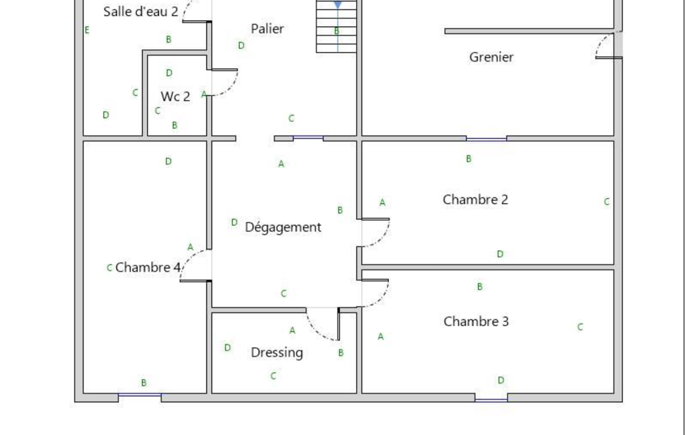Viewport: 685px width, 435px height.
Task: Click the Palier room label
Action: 267,29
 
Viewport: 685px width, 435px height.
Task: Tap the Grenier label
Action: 491,58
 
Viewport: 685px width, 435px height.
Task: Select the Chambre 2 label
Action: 475,200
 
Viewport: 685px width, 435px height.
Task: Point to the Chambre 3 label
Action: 476,322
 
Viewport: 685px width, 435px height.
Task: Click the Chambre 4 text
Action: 148,268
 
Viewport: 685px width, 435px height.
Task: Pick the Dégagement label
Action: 283,227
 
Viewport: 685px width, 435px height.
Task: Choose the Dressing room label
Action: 277,353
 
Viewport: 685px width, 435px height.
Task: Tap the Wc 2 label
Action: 176,97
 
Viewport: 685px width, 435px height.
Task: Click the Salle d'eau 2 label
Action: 140,12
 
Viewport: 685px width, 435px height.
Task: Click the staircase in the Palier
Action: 337,26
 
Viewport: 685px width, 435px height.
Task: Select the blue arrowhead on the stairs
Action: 337,5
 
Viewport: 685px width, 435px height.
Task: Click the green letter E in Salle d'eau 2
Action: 87,30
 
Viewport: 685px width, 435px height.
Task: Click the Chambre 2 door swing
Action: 382,238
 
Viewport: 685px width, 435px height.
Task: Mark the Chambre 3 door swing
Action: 381,298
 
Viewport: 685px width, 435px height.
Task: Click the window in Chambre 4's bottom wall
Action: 140,395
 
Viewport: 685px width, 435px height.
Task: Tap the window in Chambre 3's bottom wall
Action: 491,400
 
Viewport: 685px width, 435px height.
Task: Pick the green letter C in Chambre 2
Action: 606,201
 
